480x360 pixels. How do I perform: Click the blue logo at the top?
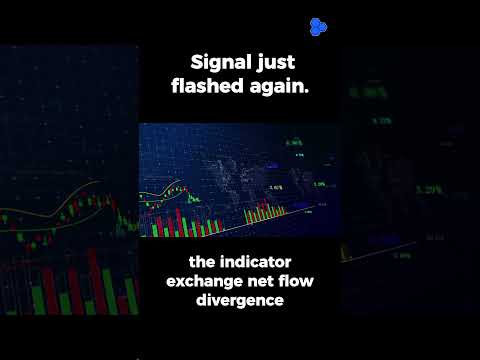[x=319, y=26]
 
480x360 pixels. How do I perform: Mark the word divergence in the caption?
[x=240, y=301]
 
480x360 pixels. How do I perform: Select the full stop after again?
[x=307, y=93]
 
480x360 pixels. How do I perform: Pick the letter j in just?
[x=263, y=65]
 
